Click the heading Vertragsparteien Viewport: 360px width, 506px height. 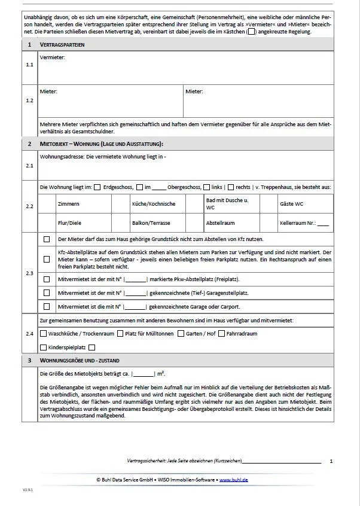62,45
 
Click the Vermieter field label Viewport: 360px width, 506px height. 52,57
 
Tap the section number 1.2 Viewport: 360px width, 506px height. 30,100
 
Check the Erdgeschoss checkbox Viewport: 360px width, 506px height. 97,187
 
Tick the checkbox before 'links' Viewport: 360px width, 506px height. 207,187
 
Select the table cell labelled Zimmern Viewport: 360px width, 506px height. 69,204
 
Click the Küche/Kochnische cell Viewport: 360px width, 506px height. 154,204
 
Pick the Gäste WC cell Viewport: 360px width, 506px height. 292,204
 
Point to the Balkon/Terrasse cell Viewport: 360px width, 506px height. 151,222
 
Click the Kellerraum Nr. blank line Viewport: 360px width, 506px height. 323,223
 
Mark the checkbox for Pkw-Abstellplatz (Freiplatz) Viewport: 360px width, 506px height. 47,279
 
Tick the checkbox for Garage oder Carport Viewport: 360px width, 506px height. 47,306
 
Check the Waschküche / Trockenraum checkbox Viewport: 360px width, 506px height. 43,334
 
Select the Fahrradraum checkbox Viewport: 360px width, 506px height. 222,334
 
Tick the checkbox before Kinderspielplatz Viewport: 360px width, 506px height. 43,348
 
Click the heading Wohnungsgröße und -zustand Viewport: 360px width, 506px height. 80,361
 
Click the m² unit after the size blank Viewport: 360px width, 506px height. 160,374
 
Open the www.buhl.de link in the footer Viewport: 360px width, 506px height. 234,480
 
